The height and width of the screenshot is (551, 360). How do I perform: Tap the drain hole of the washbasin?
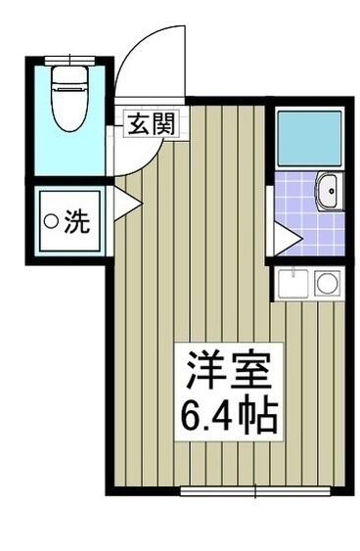(x=330, y=189)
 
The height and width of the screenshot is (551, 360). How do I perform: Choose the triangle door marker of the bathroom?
(x=284, y=235)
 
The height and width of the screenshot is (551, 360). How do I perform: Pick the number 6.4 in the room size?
(x=206, y=418)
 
